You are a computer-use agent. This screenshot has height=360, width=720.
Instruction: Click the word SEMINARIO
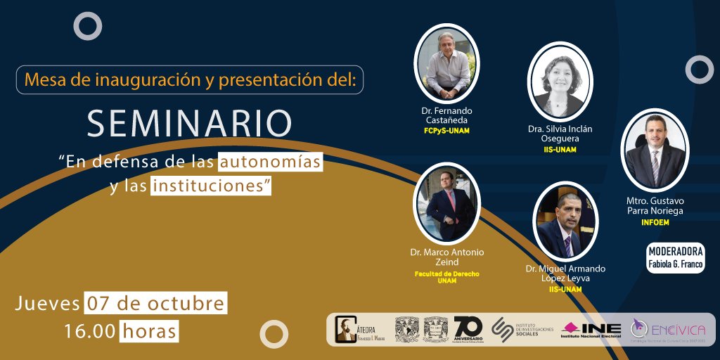coord(189,123)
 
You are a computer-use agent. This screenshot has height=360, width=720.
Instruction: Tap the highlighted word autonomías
coord(270,162)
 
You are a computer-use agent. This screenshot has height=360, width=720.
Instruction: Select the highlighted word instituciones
coord(210,186)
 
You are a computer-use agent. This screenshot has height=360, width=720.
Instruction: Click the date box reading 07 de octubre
coord(155,304)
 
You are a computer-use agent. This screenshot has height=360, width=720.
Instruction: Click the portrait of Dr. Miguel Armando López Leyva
coord(565,221)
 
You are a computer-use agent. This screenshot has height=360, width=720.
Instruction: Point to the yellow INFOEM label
coord(655,223)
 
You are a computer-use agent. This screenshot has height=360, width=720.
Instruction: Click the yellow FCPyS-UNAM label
coord(446,131)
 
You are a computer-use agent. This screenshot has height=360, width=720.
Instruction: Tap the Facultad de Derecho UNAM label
coord(446,276)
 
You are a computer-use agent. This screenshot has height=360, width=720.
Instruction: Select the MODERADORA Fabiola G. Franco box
coord(675,258)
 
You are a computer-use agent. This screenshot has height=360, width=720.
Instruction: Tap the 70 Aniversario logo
coord(468,329)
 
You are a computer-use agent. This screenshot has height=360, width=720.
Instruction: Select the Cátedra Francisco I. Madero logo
coord(359,329)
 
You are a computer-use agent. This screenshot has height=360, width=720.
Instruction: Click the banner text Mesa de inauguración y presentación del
coord(190,79)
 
